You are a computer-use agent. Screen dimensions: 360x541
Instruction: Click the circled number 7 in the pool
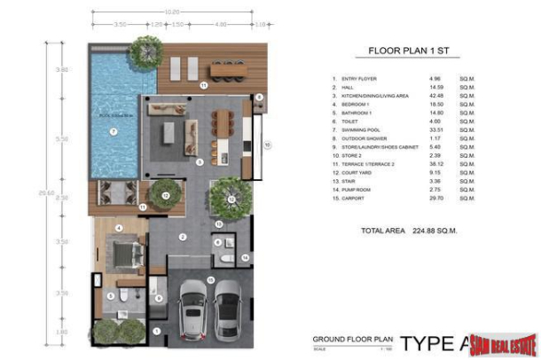[x=113, y=131]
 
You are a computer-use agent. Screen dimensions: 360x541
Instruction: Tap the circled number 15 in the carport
[x=210, y=279]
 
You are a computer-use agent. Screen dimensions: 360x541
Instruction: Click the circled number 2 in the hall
[x=182, y=237]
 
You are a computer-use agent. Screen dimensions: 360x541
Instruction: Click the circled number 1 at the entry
[x=156, y=331]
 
